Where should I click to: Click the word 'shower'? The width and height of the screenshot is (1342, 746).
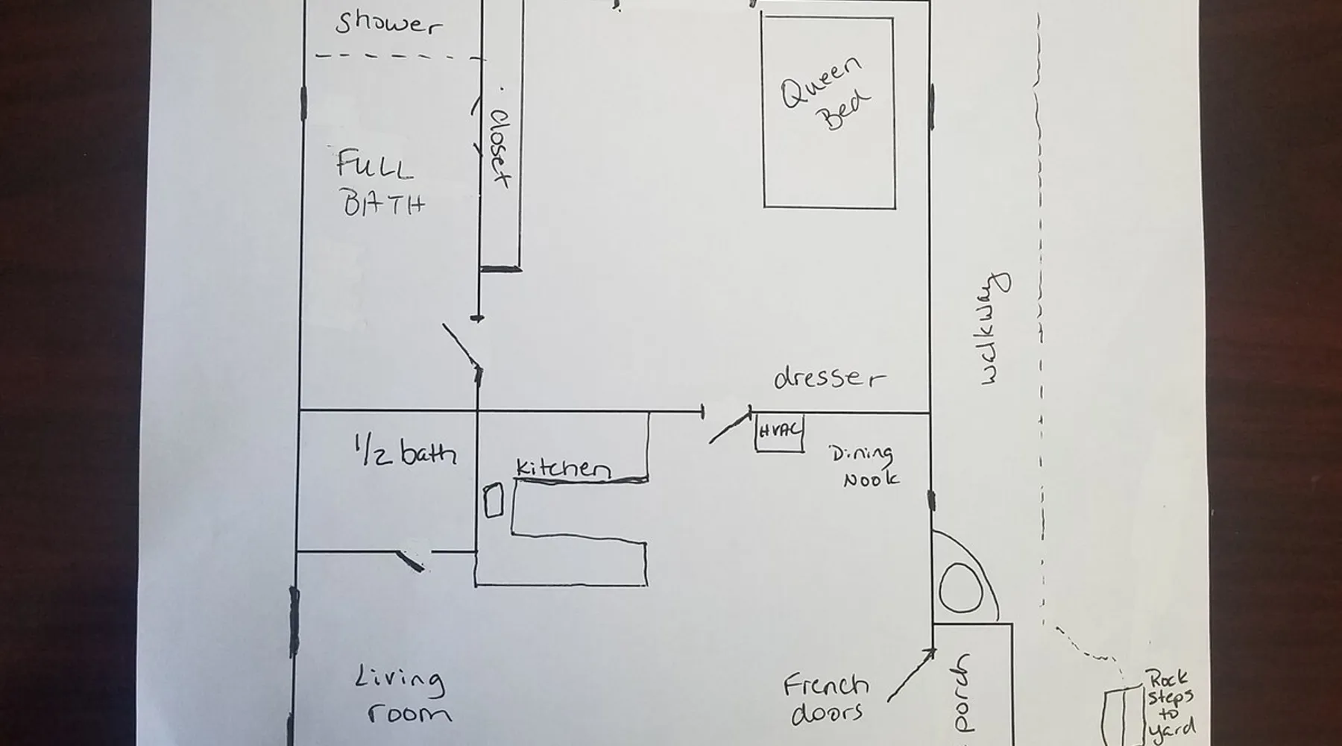tap(388, 23)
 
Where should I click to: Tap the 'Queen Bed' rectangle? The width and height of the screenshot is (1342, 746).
tap(762, 112)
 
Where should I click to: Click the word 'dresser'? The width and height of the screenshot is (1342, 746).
tap(830, 377)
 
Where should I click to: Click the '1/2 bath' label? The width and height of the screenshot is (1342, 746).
tap(404, 451)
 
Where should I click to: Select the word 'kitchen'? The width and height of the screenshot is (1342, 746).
tap(564, 467)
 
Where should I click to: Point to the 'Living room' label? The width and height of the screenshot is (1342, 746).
tap(402, 697)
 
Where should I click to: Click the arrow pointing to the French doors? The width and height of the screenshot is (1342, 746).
tap(912, 675)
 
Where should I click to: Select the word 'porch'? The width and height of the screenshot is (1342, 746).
tap(963, 693)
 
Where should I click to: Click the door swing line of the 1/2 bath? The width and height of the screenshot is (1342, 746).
tap(410, 561)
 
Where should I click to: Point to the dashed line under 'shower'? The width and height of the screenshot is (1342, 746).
tap(400, 56)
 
